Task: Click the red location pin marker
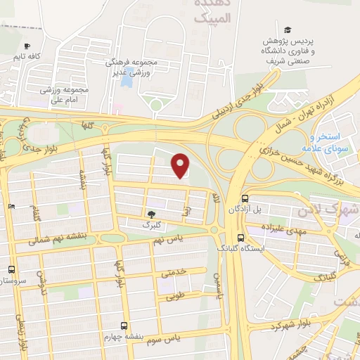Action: pyautogui.click(x=181, y=166)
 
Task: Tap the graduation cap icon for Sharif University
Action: pyautogui.click(x=287, y=30)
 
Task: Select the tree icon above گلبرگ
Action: pyautogui.click(x=150, y=214)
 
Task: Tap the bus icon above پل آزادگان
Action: pyautogui.click(x=244, y=199)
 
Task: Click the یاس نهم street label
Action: pyautogui.click(x=168, y=240)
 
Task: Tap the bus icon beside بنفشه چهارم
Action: pyautogui.click(x=124, y=326)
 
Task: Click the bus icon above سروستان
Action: pyautogui.click(x=11, y=269)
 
